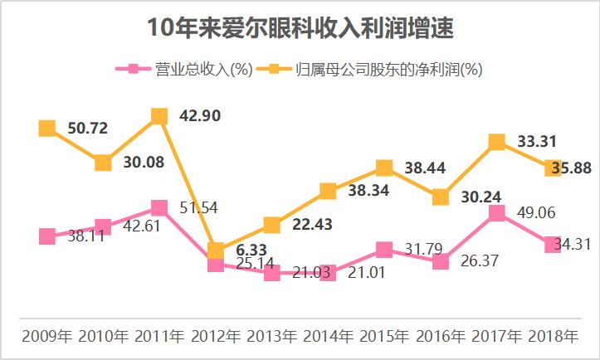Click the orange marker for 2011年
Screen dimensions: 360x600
(159, 117)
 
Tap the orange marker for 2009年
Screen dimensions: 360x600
(47, 128)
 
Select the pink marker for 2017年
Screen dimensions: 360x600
(496, 213)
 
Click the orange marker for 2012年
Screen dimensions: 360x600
(216, 251)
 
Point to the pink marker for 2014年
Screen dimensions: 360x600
(328, 272)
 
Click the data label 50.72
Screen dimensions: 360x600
(87, 128)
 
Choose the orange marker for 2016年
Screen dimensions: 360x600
(440, 197)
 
